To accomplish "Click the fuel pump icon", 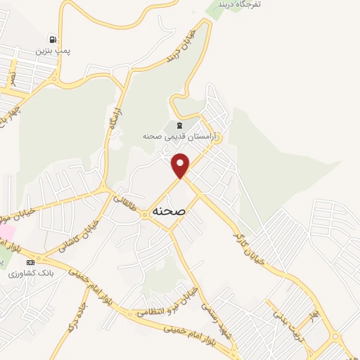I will pos(53,39).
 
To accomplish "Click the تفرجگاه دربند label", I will pos(241,5).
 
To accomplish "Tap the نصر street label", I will pos(12,72).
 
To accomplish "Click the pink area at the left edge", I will pos(4,231).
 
